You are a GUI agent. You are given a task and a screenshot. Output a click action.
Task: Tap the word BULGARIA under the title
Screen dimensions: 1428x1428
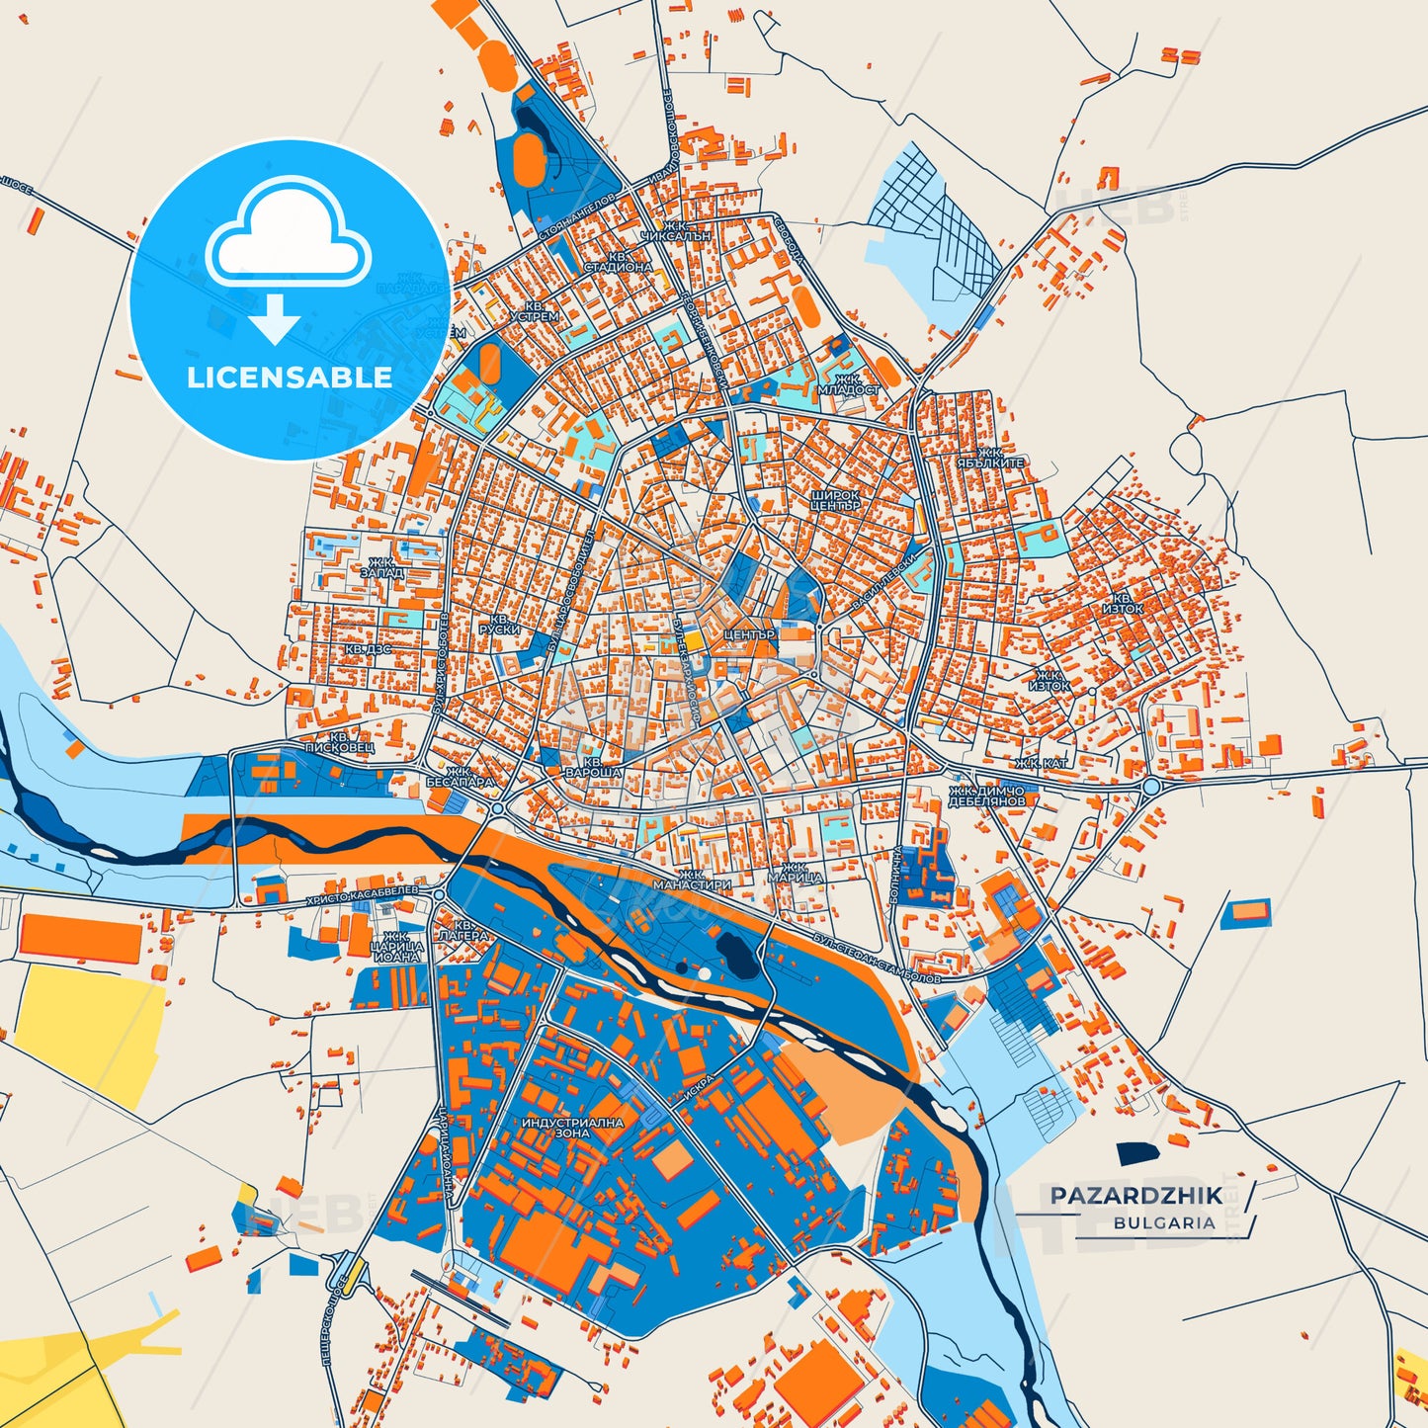click(x=1164, y=1222)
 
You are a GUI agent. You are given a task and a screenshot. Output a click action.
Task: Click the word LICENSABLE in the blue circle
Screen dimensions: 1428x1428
click(x=290, y=377)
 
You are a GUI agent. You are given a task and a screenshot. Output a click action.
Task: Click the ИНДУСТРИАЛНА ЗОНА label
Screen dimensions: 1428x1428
click(x=572, y=1128)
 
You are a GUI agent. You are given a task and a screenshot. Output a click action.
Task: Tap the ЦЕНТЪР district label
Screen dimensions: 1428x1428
click(x=749, y=634)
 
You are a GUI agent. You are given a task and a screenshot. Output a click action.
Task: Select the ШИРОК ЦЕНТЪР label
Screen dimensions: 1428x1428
click(x=836, y=500)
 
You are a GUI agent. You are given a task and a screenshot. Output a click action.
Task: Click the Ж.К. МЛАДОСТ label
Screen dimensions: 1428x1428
click(x=848, y=384)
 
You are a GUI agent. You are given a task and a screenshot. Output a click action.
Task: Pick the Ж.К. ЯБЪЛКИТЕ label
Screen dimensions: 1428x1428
click(x=990, y=458)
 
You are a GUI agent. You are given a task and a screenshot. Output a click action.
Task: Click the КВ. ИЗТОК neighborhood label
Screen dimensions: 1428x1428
click(x=1123, y=604)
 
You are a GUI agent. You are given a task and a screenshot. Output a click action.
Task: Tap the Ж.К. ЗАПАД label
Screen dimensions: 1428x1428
click(x=381, y=567)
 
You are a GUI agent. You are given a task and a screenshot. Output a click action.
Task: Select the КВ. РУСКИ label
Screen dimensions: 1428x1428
click(x=499, y=624)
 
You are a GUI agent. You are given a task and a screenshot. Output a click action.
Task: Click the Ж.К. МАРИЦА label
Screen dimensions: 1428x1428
click(x=796, y=873)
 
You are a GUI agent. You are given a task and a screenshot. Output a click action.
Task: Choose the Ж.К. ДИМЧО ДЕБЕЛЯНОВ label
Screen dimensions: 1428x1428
click(x=986, y=797)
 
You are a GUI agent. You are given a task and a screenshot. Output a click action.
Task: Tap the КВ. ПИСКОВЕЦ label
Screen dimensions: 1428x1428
click(x=339, y=742)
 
